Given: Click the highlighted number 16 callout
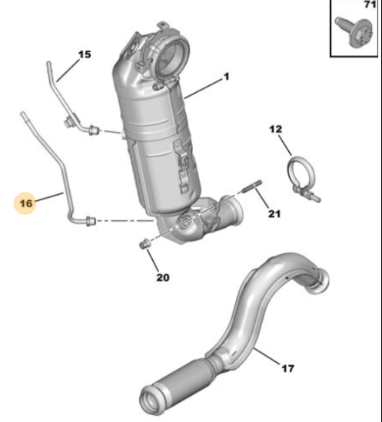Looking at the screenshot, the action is (25, 203).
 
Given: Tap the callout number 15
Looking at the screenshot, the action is (85, 54).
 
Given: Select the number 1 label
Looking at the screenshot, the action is (227, 77).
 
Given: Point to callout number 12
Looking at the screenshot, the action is (275, 129).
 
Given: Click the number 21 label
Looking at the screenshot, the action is (274, 214).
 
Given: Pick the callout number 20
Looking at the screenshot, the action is (163, 278).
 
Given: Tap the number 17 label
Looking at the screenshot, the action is (288, 368).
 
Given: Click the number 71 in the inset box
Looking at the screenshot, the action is (370, 5).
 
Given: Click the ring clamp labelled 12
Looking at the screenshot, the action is (302, 178).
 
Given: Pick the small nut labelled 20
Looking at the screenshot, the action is (144, 243).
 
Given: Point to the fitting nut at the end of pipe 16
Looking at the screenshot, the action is (91, 221).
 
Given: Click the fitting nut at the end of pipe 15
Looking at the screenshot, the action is (95, 130).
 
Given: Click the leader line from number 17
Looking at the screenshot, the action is (267, 356).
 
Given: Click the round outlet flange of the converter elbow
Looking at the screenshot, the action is (234, 211).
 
